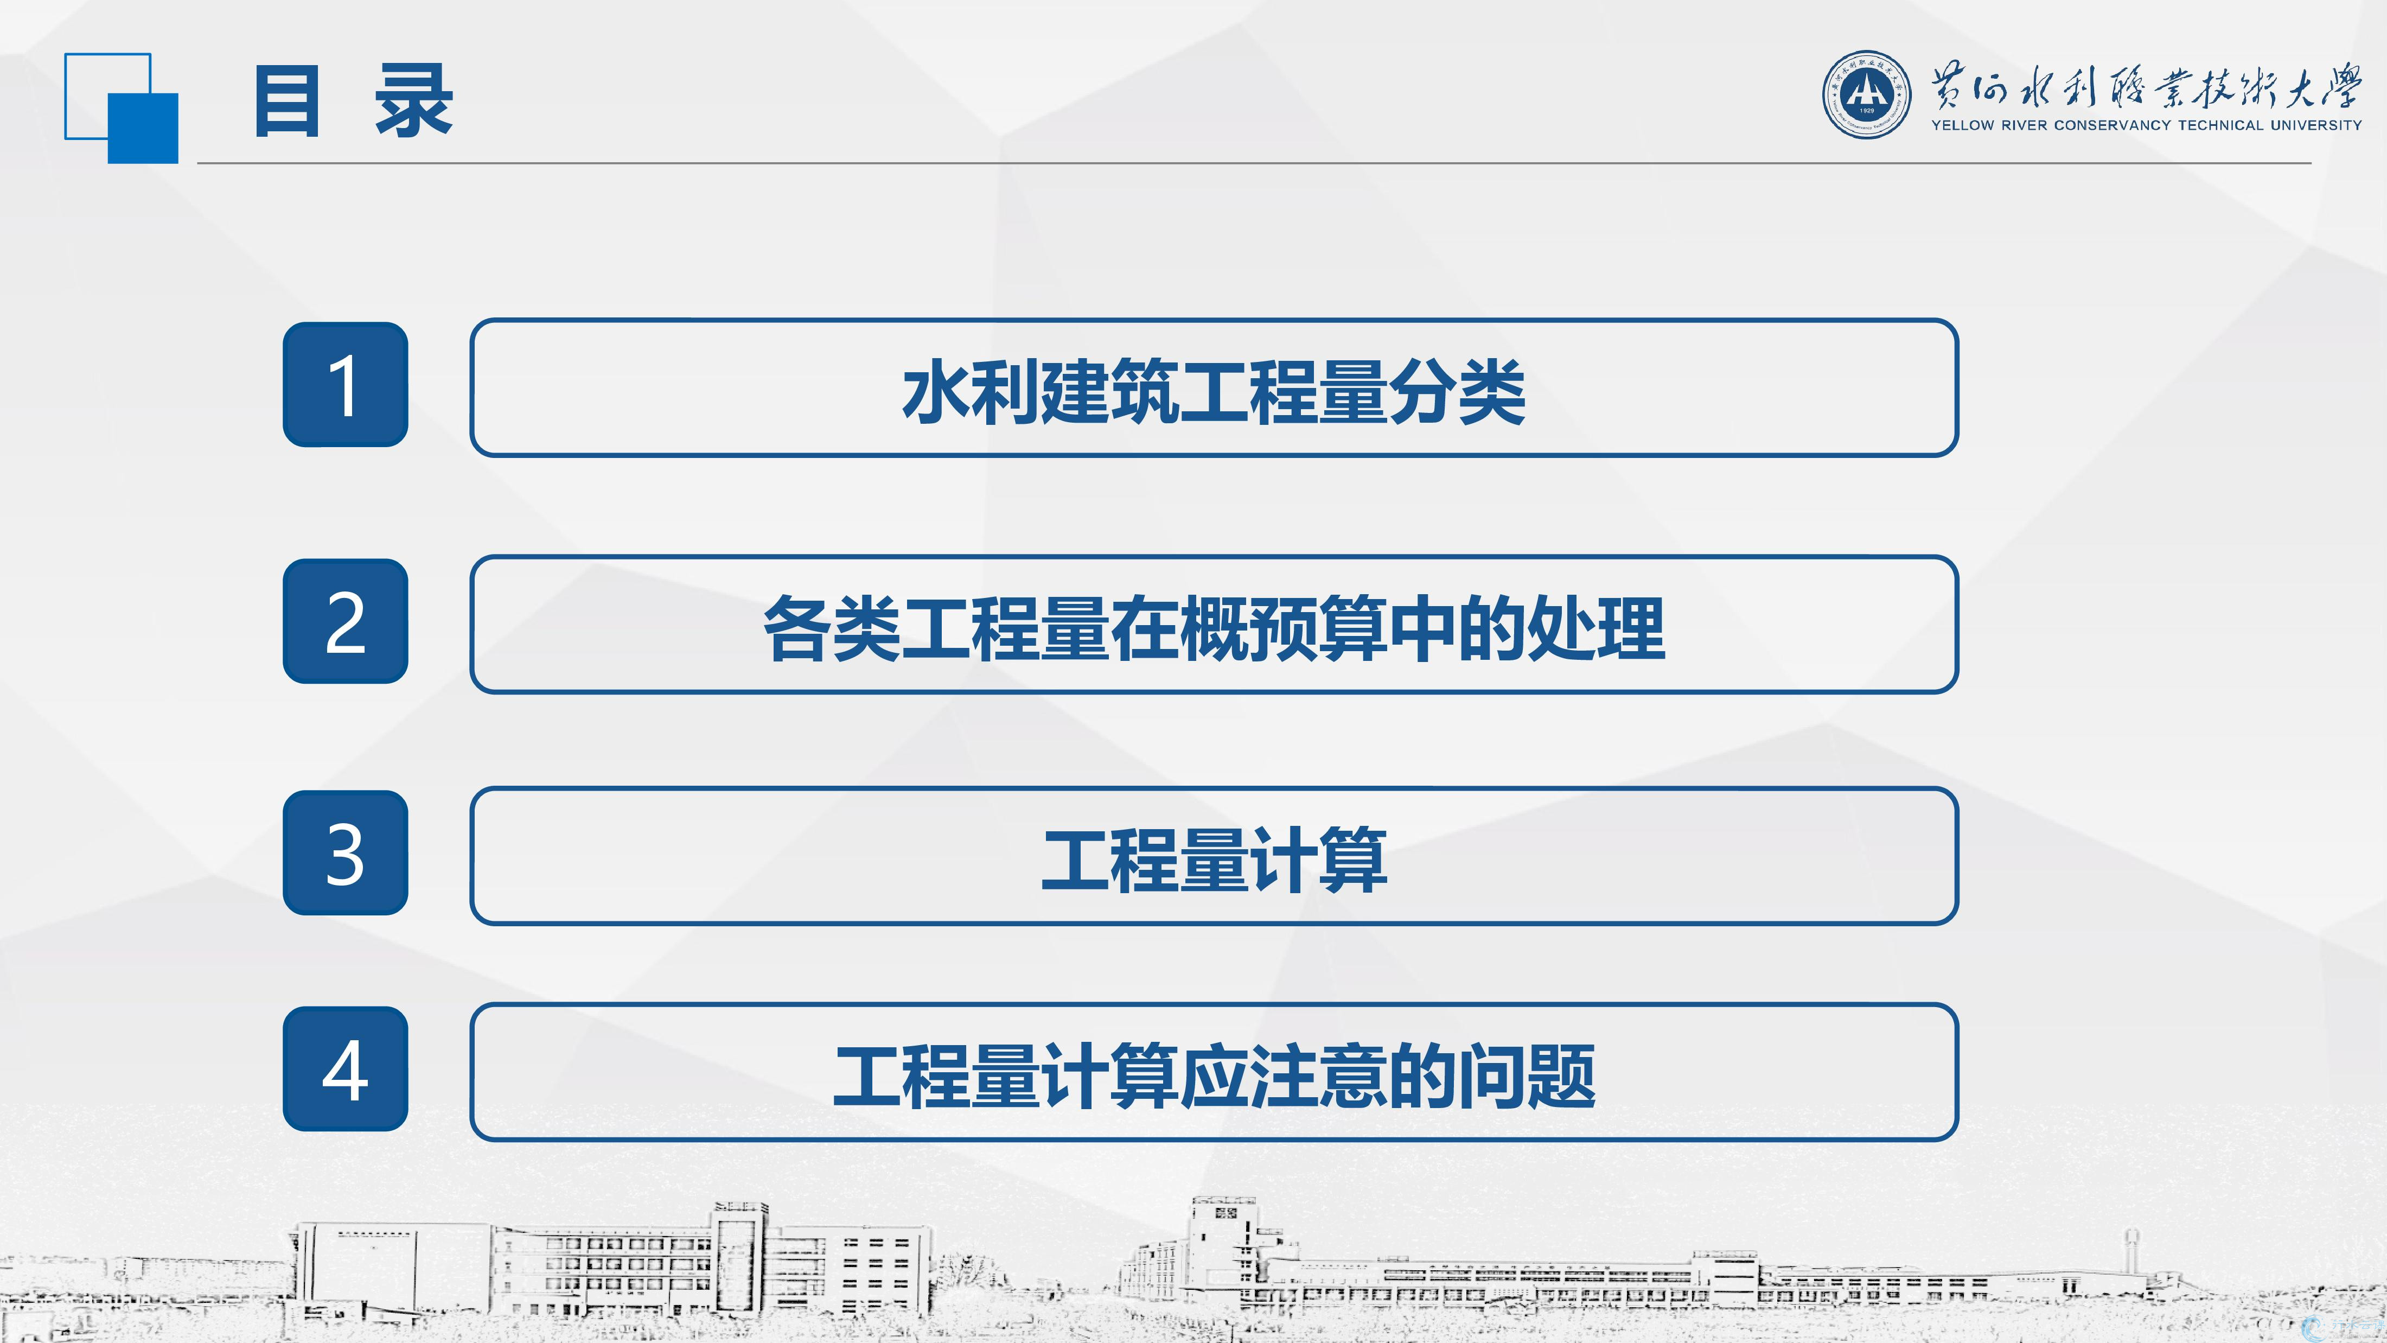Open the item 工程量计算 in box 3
coord(1214,860)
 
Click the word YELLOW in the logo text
coord(1963,125)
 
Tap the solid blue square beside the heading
coord(143,129)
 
